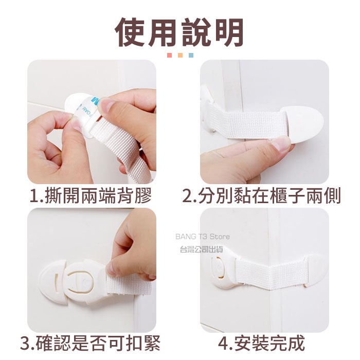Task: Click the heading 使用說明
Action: point(179,32)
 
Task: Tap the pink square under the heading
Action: point(169,56)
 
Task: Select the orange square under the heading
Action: point(180,56)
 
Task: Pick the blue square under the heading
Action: point(191,56)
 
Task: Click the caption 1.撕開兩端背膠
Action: point(91,196)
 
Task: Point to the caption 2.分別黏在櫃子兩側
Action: point(261,196)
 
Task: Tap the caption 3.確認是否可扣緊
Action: point(90,344)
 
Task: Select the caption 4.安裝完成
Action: point(261,344)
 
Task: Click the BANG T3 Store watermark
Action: point(203,237)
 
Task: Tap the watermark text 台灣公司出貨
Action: point(202,249)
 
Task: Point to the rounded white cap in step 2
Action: point(303,124)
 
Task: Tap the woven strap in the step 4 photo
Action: point(271,272)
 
